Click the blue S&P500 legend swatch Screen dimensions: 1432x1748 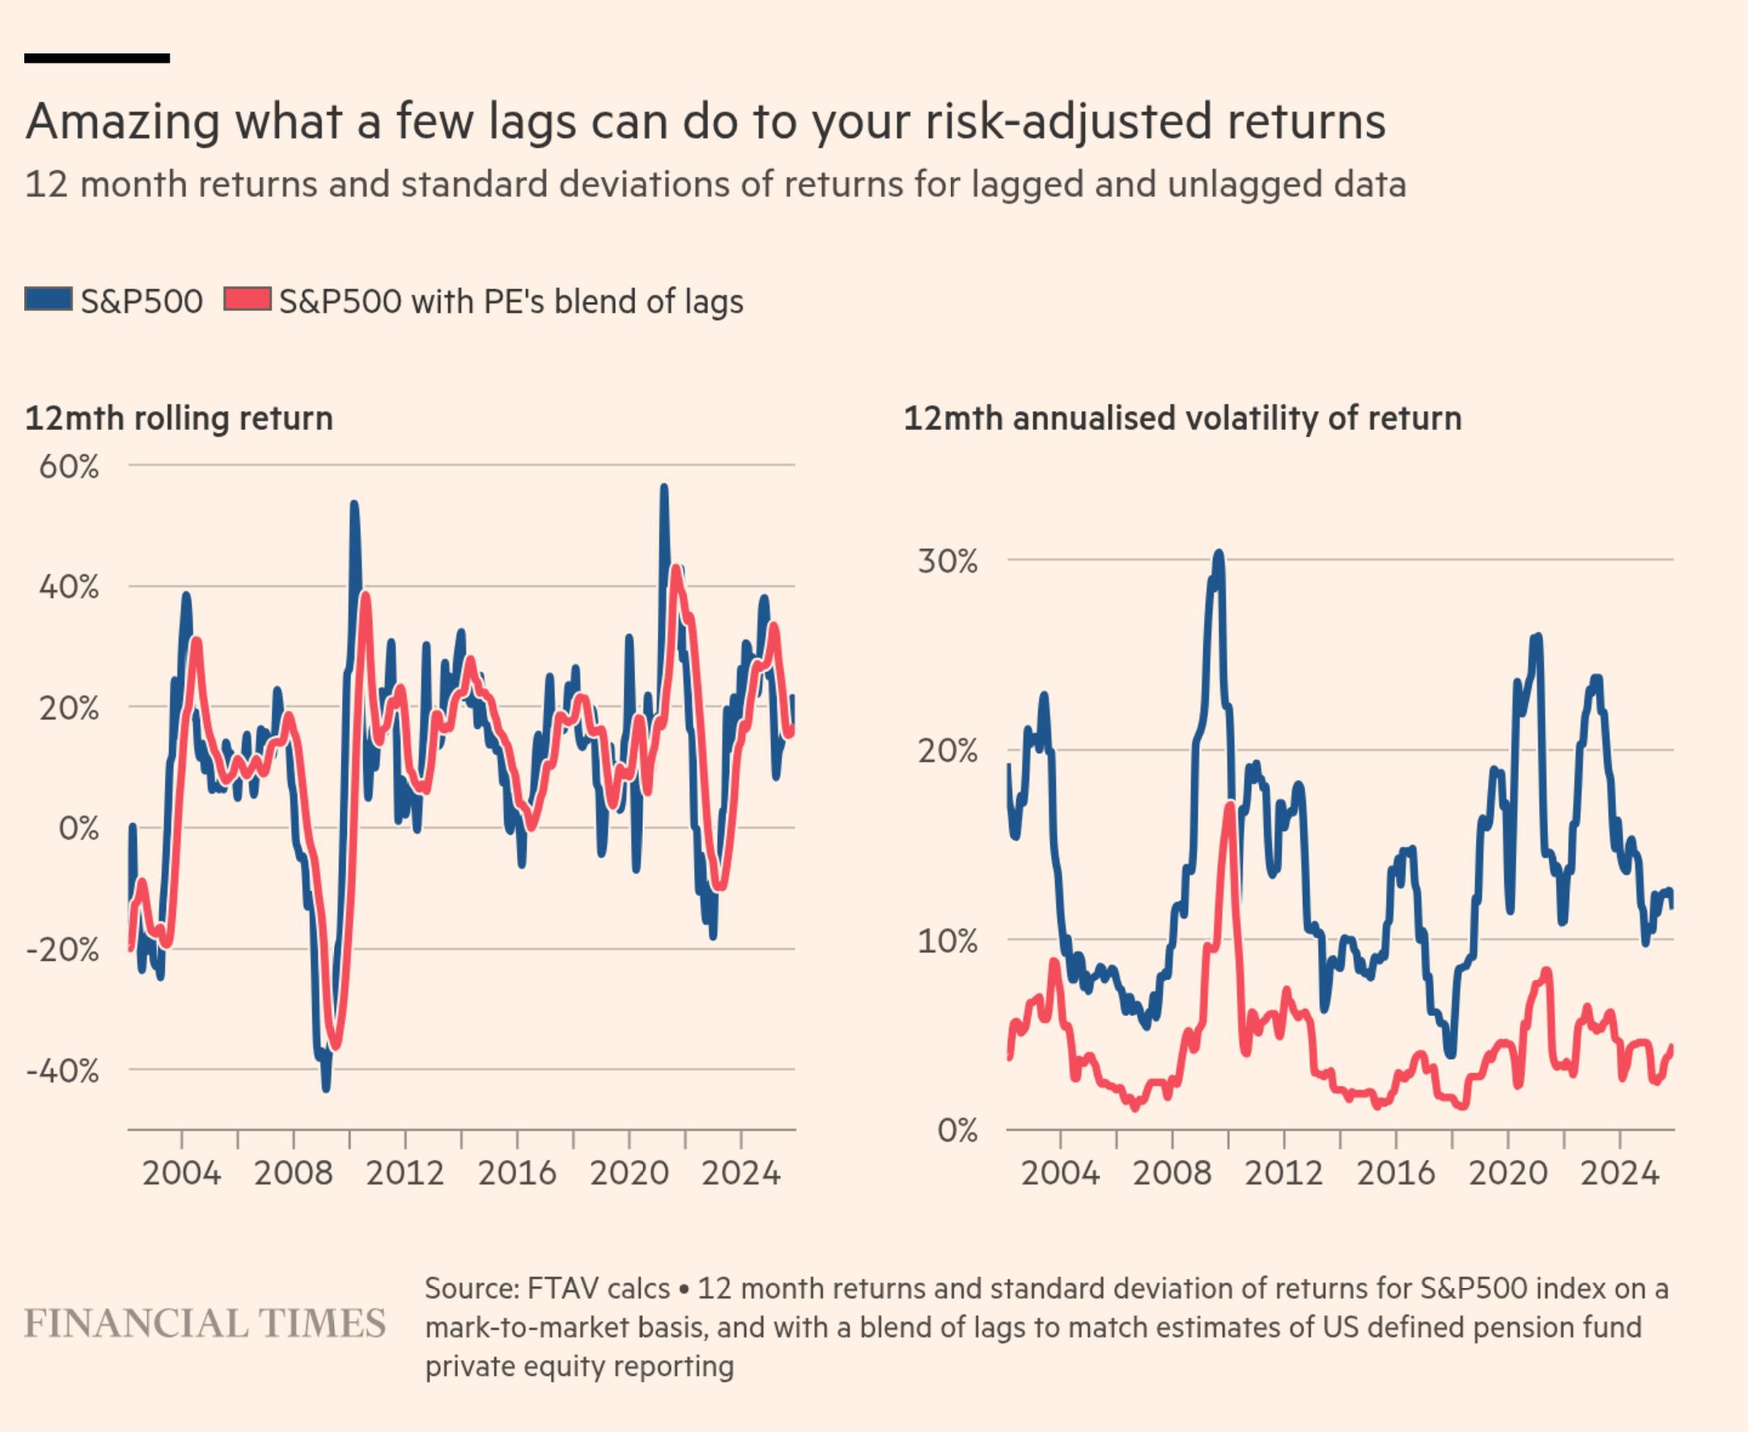(48, 299)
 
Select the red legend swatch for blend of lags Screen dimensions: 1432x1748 (248, 299)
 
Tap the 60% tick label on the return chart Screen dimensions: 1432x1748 (69, 467)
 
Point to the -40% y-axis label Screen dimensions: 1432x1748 (62, 1071)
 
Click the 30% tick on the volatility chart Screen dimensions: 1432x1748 (947, 561)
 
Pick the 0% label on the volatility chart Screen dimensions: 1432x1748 (957, 1130)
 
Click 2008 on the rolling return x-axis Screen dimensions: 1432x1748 (293, 1173)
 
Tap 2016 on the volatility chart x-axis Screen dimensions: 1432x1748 (1396, 1173)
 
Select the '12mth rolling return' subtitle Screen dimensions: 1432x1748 (179, 418)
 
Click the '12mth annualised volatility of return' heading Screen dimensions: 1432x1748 (1182, 418)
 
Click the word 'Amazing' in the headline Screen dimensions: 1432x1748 (123, 122)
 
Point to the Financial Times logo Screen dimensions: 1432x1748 (205, 1324)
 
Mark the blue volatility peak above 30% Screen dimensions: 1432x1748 (1219, 555)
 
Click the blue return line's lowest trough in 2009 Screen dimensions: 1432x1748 (326, 1087)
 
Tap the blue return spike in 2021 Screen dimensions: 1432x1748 (664, 489)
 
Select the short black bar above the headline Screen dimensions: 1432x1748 (96, 58)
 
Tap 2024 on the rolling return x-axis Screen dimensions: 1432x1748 (740, 1173)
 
